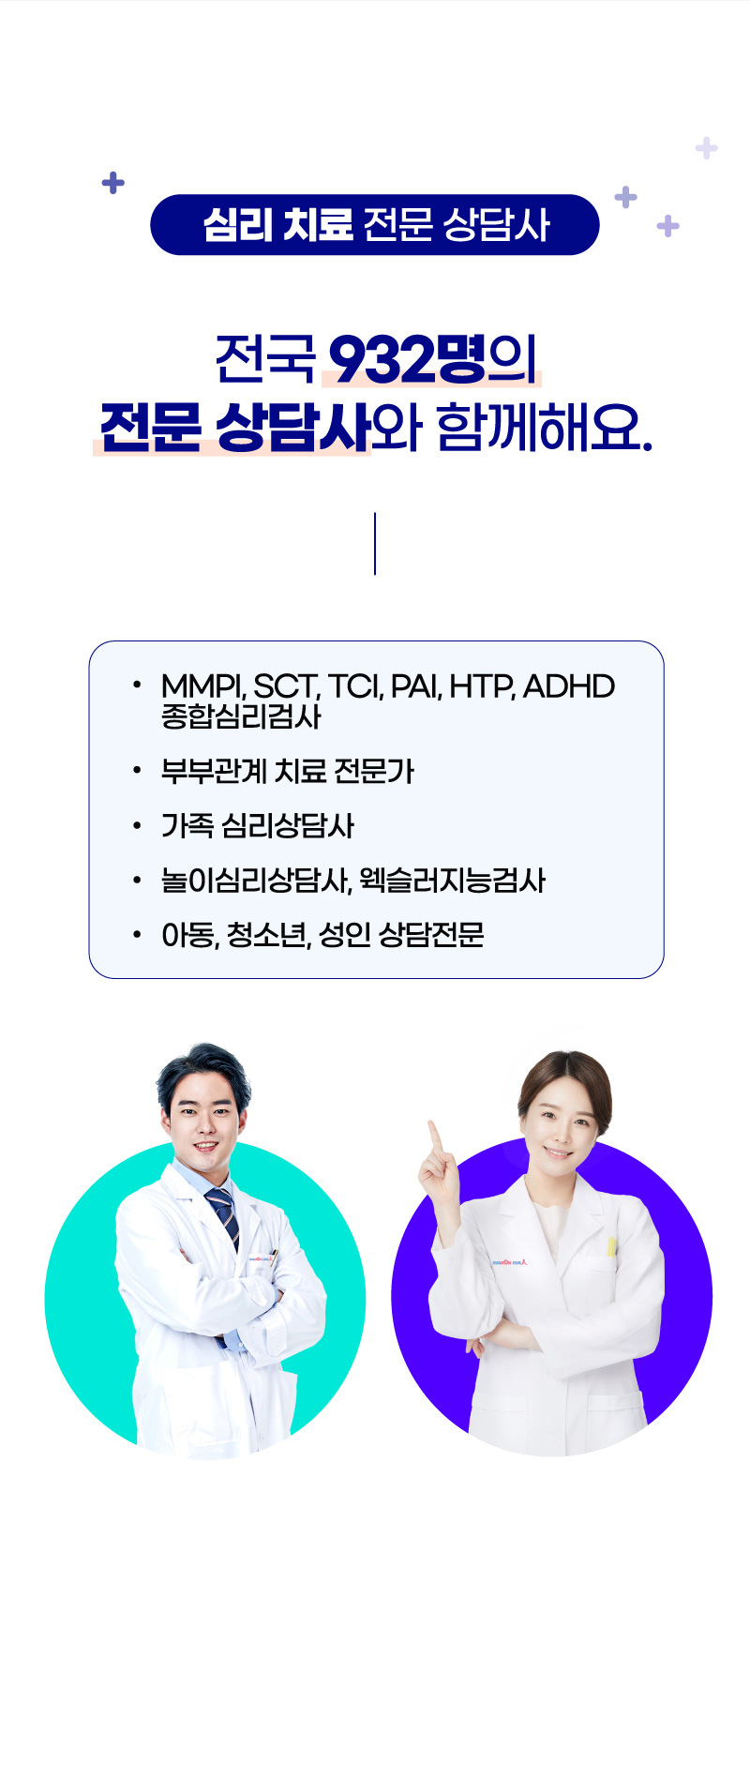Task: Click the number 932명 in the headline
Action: coord(408,358)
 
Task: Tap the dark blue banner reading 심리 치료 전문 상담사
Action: coord(375,225)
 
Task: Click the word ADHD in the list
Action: coord(569,686)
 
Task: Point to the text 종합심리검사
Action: coord(241,716)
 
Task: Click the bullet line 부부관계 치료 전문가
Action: coord(288,771)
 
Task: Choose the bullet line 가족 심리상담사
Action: coord(258,825)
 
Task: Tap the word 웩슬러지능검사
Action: coord(452,880)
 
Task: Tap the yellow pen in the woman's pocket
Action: coord(611,1247)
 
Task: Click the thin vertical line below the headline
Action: coord(375,544)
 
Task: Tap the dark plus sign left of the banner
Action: coord(113,182)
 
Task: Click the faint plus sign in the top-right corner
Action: coord(707,148)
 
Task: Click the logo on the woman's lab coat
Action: coord(510,1262)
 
